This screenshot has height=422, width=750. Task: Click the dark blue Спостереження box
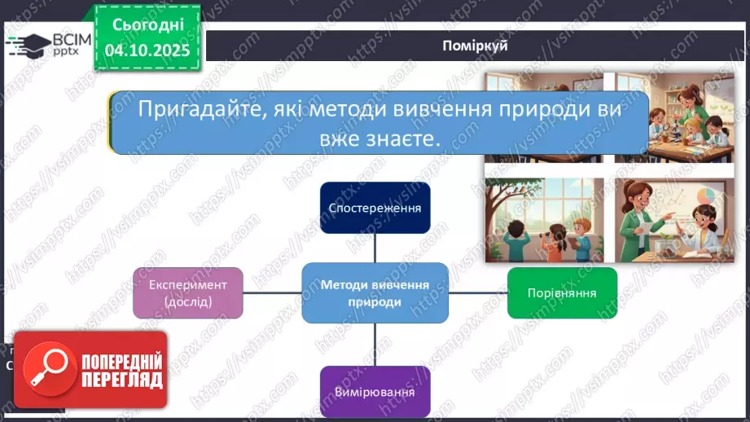pyautogui.click(x=375, y=208)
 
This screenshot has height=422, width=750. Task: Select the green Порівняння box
pyautogui.click(x=562, y=292)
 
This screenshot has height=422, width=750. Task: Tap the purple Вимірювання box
pyautogui.click(x=375, y=391)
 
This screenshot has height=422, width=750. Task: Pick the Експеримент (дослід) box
pyautogui.click(x=188, y=292)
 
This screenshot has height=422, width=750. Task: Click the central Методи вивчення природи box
pyautogui.click(x=375, y=292)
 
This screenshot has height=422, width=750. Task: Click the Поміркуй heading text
pyautogui.click(x=475, y=46)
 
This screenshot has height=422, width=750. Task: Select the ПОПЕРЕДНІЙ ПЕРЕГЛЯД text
pyautogui.click(x=121, y=371)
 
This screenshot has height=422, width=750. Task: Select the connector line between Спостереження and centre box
pyautogui.click(x=375, y=248)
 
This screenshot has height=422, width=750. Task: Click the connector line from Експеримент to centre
pyautogui.click(x=272, y=292)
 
